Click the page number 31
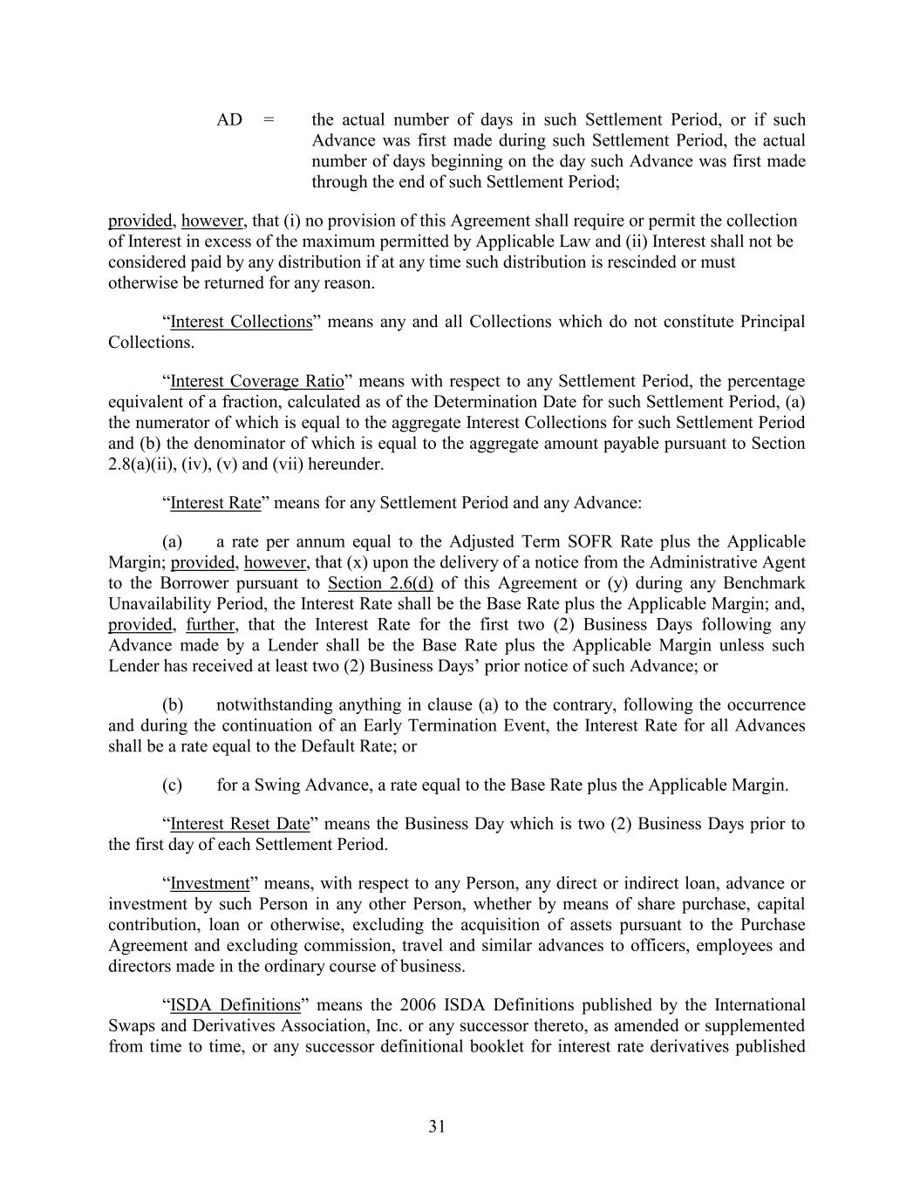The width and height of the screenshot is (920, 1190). point(437,1126)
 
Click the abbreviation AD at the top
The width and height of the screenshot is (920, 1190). point(229,119)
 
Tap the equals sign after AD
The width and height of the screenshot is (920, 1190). point(269,119)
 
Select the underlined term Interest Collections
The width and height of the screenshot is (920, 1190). point(241,322)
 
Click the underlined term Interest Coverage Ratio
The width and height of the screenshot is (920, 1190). point(256,381)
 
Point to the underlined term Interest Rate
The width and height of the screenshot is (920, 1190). point(215,503)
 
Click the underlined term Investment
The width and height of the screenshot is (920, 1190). point(209,883)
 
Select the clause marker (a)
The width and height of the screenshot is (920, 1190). point(172,541)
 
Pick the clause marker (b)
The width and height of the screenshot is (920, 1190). point(172,704)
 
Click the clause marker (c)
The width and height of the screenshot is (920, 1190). point(172,785)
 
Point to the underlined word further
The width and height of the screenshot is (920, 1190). point(210,625)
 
